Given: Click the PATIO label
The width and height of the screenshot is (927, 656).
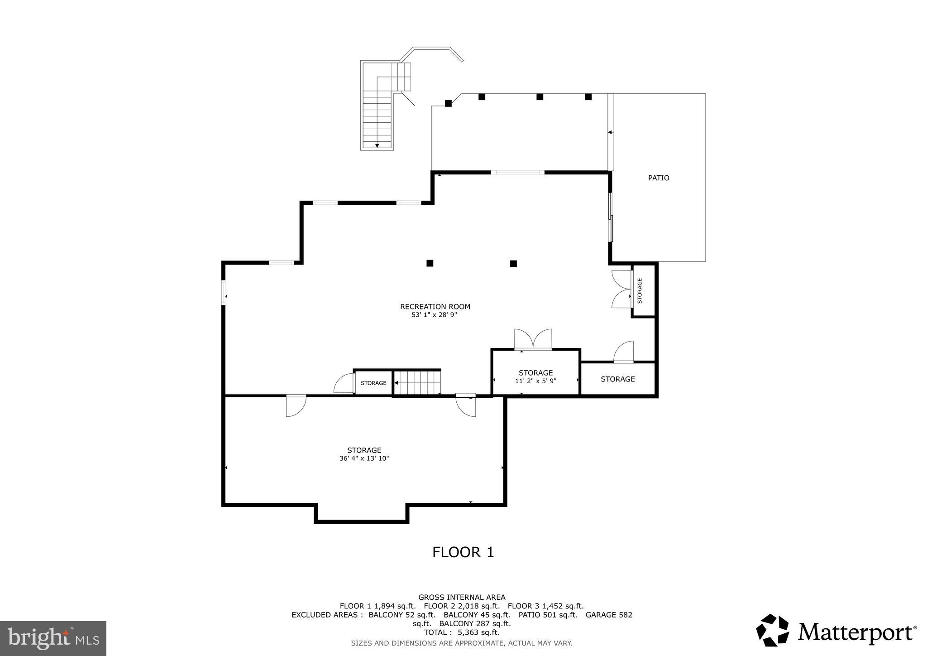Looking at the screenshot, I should tap(658, 178).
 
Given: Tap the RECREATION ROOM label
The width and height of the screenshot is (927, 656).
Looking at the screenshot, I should tap(435, 307).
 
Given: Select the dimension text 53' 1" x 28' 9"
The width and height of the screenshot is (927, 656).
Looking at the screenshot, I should tap(434, 315).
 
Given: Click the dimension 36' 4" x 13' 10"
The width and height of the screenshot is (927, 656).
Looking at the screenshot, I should tap(364, 458).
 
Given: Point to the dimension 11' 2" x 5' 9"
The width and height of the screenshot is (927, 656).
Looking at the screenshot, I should tap(535, 381).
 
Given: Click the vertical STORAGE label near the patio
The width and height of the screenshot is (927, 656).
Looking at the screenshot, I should tap(640, 290).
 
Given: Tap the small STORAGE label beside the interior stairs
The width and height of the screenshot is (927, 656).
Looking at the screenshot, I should tap(373, 383).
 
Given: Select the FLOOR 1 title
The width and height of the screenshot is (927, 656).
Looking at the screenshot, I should tap(463, 552).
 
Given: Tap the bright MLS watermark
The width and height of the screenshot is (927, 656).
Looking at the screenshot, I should tap(53, 638).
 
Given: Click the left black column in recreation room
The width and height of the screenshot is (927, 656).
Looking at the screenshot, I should tap(430, 263).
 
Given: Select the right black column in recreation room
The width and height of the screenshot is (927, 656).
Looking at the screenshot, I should tap(513, 264).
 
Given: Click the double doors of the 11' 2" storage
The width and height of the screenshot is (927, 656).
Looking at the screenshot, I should tap(533, 340).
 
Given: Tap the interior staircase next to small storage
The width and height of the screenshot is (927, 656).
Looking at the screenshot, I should tap(416, 383).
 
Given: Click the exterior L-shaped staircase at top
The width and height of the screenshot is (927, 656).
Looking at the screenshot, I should tap(378, 118).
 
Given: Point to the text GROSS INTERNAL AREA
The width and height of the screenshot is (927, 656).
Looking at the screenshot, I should tap(462, 597).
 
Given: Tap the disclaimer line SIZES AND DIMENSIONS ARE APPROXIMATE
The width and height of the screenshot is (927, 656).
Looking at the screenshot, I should tap(462, 643).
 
